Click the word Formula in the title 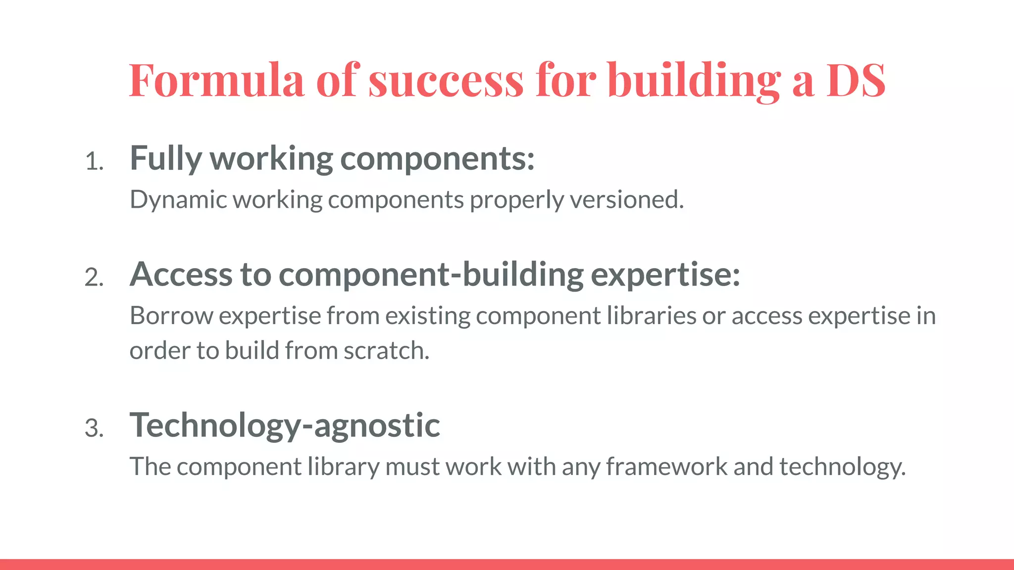216,80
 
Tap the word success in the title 446,80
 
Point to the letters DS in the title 856,80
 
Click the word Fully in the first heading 165,159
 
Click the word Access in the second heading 181,275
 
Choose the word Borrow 171,316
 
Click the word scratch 386,351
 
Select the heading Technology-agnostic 285,426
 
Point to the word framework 666,467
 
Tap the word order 160,351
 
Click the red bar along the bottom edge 507,565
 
